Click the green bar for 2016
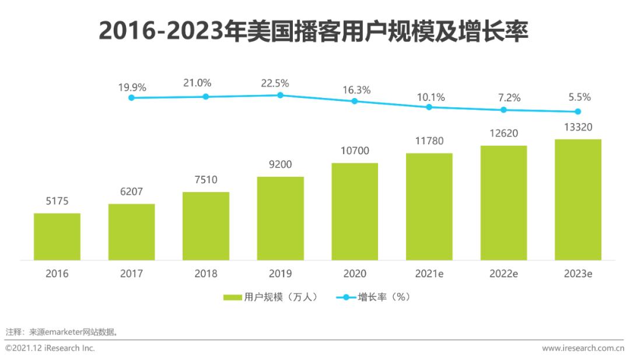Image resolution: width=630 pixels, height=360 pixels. (x=57, y=236)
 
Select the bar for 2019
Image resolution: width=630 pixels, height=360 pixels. (x=280, y=218)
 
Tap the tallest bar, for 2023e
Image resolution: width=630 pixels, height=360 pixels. (x=577, y=200)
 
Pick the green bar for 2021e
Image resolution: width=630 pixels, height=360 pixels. (x=429, y=207)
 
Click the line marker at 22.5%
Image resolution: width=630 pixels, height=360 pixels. (x=280, y=95)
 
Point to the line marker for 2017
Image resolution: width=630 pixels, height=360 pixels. (x=131, y=97)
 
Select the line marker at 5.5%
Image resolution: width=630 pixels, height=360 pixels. (x=577, y=111)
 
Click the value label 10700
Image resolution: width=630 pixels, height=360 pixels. (x=355, y=151)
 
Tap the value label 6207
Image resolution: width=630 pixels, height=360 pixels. (x=131, y=192)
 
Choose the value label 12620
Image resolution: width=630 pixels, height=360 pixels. (x=503, y=134)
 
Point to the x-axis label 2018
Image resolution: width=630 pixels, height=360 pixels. (x=206, y=274)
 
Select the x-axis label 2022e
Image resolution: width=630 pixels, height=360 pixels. (x=503, y=274)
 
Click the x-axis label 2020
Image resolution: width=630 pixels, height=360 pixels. (x=355, y=274)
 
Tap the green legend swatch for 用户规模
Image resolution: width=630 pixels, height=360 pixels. (x=233, y=298)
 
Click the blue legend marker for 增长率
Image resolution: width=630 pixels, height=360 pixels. (x=345, y=298)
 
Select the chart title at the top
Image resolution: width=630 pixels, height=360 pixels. (x=313, y=31)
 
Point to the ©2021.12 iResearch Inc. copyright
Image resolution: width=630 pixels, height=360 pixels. (x=50, y=348)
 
